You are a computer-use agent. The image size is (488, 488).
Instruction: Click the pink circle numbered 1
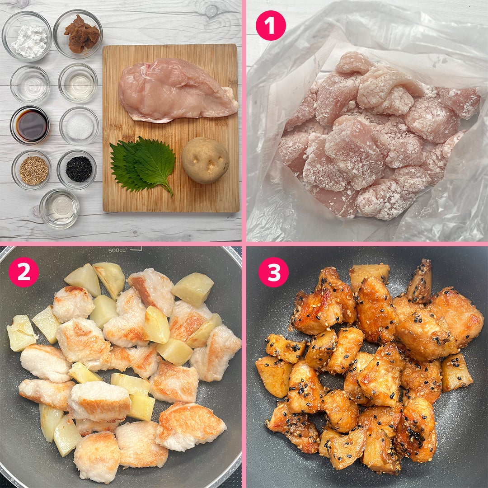pos(271,25)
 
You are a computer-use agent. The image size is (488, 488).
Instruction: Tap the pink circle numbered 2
pos(23,272)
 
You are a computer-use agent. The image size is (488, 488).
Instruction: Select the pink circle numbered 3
pos(273,272)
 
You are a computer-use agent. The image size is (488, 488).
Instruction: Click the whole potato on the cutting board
pos(206,160)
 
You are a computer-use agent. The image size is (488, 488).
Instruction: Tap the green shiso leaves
pos(141,164)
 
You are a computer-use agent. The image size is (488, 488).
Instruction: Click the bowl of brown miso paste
pos(78,34)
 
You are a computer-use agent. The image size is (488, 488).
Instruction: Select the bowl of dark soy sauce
pos(30,125)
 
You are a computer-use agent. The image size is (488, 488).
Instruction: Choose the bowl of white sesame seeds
pos(32,169)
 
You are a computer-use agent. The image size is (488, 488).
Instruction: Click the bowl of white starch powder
pos(27,36)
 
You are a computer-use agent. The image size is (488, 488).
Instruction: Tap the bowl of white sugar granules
pos(79,126)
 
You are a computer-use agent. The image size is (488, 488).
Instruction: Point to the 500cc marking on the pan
pos(117,250)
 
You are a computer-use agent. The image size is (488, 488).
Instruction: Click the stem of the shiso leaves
pos(168,188)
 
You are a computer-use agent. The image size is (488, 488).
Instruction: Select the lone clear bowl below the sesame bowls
pos(59,208)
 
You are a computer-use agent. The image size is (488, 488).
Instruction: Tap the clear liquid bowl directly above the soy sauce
pos(30,84)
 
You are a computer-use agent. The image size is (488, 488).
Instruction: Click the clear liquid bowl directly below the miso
pos(78,82)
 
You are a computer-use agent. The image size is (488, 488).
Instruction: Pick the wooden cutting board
pos(170,128)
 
